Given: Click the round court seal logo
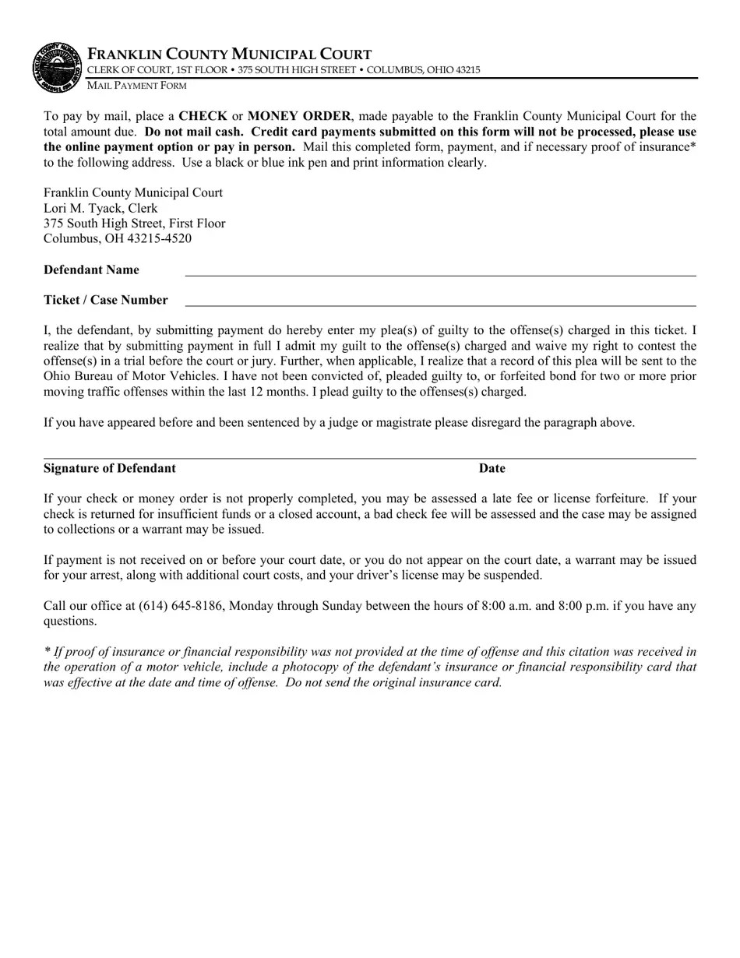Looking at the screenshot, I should [57, 67].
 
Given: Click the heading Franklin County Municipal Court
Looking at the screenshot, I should [229, 55].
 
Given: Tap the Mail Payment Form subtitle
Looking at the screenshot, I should [136, 85].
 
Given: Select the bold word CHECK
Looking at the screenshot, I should [203, 117].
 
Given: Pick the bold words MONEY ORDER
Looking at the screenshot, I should [299, 117].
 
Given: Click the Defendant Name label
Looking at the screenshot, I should [91, 270].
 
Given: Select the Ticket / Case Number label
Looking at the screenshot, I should [105, 300].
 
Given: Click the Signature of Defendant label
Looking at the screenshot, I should [109, 468].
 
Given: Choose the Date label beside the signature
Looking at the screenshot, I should [492, 468].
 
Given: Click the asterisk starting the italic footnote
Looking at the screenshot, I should [48, 651].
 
